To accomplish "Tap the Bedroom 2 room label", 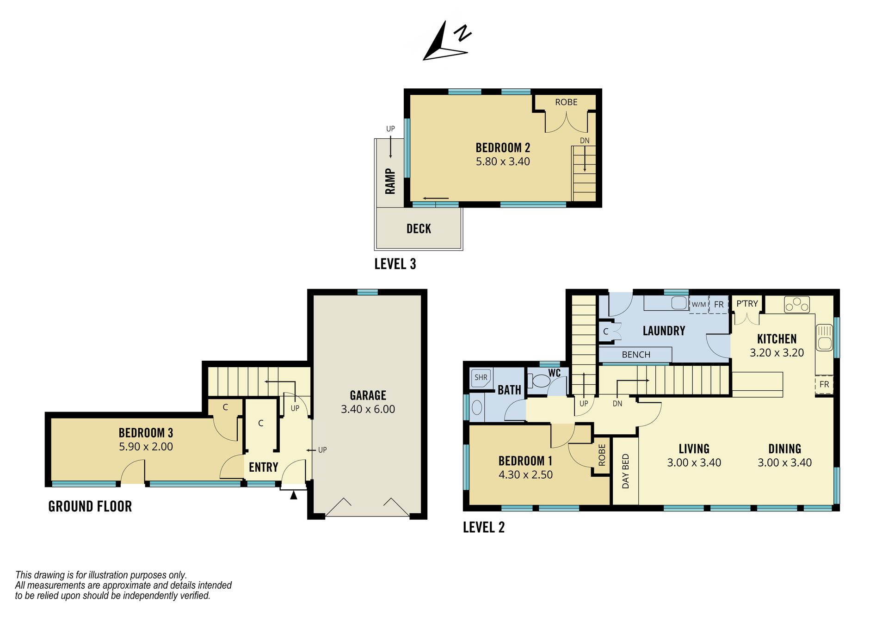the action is click(503, 148).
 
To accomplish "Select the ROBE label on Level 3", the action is click(566, 102).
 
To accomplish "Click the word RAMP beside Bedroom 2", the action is click(390, 181).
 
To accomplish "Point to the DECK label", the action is click(419, 229).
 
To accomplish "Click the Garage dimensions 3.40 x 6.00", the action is click(368, 409).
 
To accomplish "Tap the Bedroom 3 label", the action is click(146, 433).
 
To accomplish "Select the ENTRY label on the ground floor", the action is click(263, 467).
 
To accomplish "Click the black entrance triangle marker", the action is click(293, 495).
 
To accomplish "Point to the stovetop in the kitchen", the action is click(797, 305).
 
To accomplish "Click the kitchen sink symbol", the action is click(824, 338).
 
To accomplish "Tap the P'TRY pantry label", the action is click(747, 304).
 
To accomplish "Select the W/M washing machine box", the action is click(698, 305).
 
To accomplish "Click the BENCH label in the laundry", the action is click(636, 355).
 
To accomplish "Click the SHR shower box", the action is click(481, 378).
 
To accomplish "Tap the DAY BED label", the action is click(626, 471).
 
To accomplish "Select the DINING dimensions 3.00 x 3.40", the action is click(784, 463).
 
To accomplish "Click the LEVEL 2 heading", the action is click(484, 527).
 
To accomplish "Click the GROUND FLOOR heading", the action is click(90, 506).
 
